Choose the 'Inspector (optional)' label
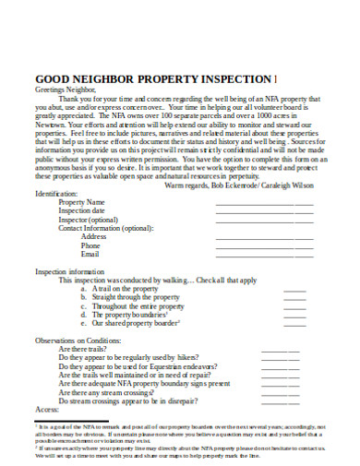point(89,220)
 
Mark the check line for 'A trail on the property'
point(294,290)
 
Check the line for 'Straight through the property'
point(294,299)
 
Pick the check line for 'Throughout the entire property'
point(294,307)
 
